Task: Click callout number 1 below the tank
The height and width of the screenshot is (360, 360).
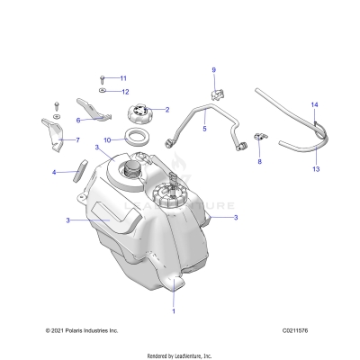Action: pos(174,310)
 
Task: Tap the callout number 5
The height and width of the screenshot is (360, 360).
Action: pos(204,130)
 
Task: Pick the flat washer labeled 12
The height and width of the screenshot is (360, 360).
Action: pos(104,92)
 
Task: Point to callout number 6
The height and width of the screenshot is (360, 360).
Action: pos(79,119)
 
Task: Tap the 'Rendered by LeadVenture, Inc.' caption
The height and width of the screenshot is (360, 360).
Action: pos(180,352)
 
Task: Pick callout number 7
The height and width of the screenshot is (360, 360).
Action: pos(76,140)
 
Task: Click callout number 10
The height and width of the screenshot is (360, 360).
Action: pos(107,140)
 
